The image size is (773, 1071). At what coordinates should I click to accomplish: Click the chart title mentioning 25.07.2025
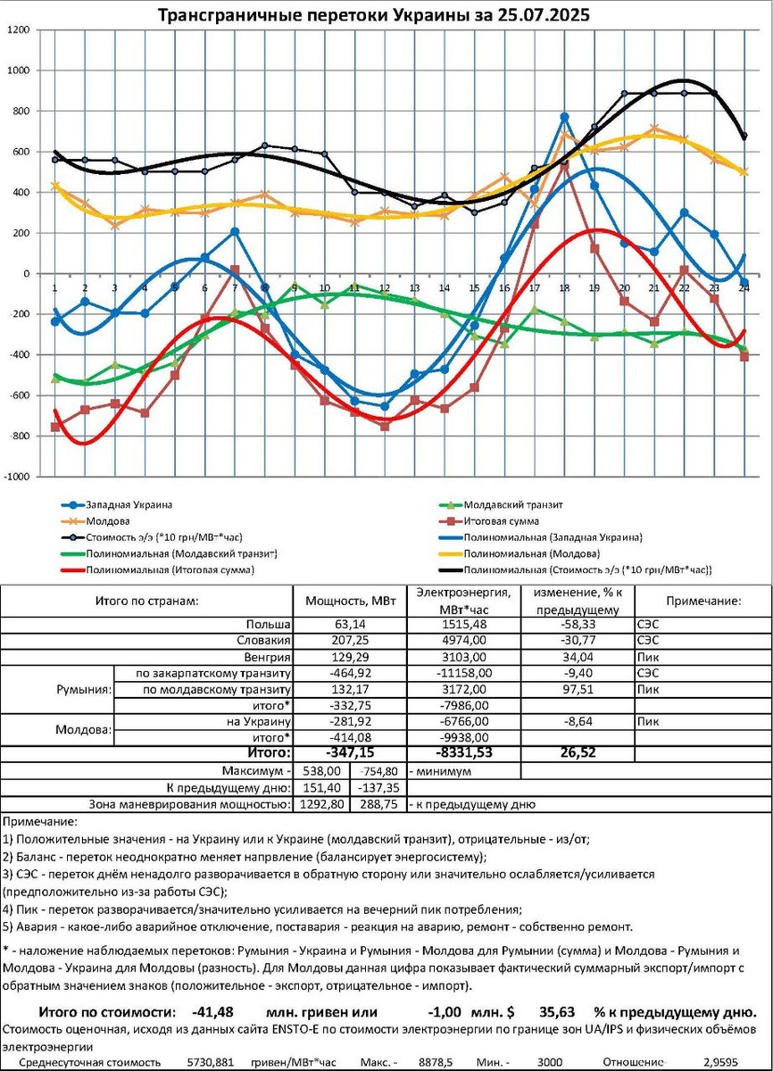click(x=373, y=16)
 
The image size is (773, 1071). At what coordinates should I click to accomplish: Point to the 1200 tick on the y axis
click(x=19, y=30)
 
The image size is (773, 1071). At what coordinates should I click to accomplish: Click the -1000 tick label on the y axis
click(x=17, y=477)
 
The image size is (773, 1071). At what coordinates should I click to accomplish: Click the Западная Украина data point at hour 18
click(x=564, y=117)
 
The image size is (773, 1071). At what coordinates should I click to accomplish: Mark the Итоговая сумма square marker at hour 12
click(x=385, y=426)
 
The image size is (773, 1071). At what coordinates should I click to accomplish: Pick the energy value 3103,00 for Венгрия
click(x=464, y=657)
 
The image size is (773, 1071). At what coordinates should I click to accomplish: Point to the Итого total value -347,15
click(x=353, y=754)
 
